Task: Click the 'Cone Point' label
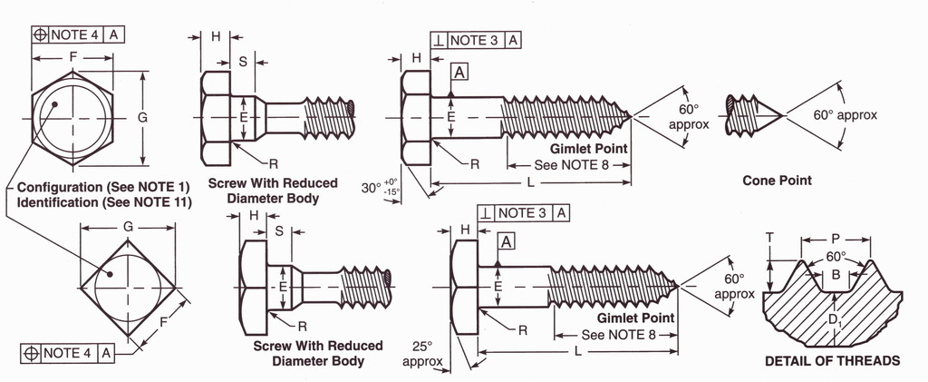click(777, 181)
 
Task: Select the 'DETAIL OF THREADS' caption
click(832, 360)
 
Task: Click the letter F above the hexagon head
click(72, 55)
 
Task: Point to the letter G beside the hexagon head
click(141, 117)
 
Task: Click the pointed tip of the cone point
click(782, 115)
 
